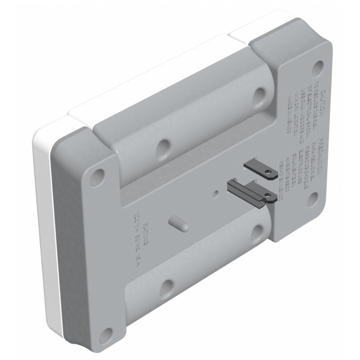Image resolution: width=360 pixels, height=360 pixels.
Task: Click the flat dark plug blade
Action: pyautogui.click(x=259, y=169)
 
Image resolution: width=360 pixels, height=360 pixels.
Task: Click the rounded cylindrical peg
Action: pyautogui.click(x=179, y=223)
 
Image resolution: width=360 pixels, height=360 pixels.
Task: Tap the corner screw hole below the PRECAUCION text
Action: pyautogui.click(x=312, y=199)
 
